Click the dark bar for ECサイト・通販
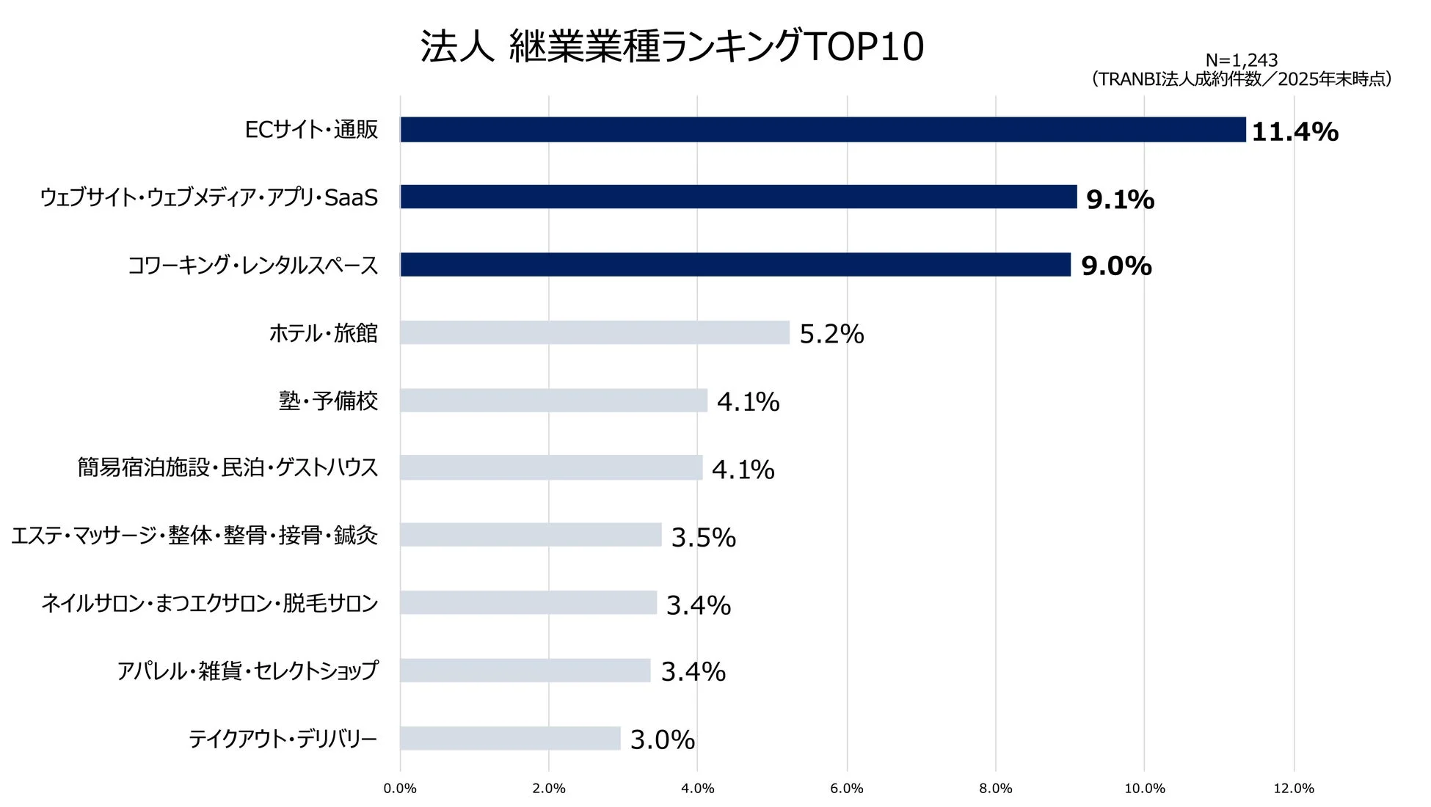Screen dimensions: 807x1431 click(x=822, y=130)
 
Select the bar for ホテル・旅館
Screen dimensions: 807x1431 click(x=594, y=332)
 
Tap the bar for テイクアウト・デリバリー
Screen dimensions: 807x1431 click(x=510, y=738)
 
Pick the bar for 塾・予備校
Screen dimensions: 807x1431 click(x=553, y=401)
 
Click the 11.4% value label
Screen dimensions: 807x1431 click(x=1295, y=132)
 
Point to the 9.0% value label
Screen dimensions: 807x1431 click(x=1116, y=266)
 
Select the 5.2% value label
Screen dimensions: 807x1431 click(x=831, y=335)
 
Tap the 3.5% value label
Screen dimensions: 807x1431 click(x=703, y=538)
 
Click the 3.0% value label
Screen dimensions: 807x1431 click(x=662, y=740)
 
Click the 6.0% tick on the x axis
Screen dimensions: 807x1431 click(x=846, y=789)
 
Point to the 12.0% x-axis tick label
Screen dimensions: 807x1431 click(x=1293, y=789)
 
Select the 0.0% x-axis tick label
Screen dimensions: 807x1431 click(x=400, y=789)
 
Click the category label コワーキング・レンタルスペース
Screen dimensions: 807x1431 click(x=253, y=266)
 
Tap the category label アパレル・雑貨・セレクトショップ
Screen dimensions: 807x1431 click(x=247, y=671)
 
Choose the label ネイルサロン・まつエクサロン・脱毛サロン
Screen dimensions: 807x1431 click(x=210, y=603)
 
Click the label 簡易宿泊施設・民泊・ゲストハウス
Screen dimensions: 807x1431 click(x=227, y=467)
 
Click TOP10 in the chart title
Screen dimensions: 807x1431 click(x=864, y=47)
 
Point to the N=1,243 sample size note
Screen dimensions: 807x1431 click(x=1241, y=60)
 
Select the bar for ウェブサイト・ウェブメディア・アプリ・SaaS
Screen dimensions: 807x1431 click(x=738, y=197)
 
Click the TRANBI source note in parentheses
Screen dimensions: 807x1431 click(x=1241, y=79)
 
